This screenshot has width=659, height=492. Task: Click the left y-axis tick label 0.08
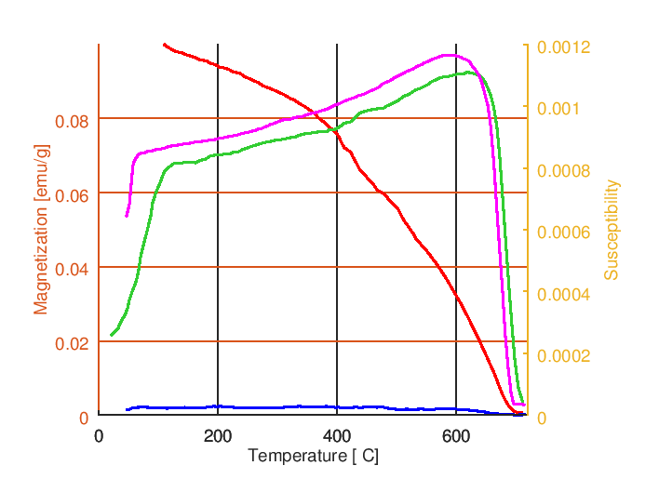pyautogui.click(x=72, y=121)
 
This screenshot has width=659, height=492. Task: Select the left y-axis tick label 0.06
pyautogui.click(x=72, y=195)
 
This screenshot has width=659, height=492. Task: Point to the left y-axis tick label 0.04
pyautogui.click(x=72, y=269)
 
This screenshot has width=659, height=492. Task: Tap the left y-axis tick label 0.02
pyautogui.click(x=72, y=343)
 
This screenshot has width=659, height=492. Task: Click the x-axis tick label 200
pyautogui.click(x=218, y=437)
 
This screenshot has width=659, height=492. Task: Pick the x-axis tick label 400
pyautogui.click(x=337, y=437)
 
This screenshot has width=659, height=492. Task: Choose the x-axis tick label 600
pyautogui.click(x=456, y=437)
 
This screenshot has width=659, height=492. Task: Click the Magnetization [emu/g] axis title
pyautogui.click(x=41, y=230)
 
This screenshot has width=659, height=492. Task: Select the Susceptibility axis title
pyautogui.click(x=612, y=230)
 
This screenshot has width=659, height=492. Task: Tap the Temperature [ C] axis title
pyautogui.click(x=313, y=457)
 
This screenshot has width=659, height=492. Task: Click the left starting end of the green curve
pyautogui.click(x=112, y=335)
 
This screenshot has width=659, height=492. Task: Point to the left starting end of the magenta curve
pyautogui.click(x=127, y=216)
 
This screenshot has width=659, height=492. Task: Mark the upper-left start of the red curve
pyautogui.click(x=164, y=44)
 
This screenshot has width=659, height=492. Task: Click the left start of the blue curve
pyautogui.click(x=127, y=409)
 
